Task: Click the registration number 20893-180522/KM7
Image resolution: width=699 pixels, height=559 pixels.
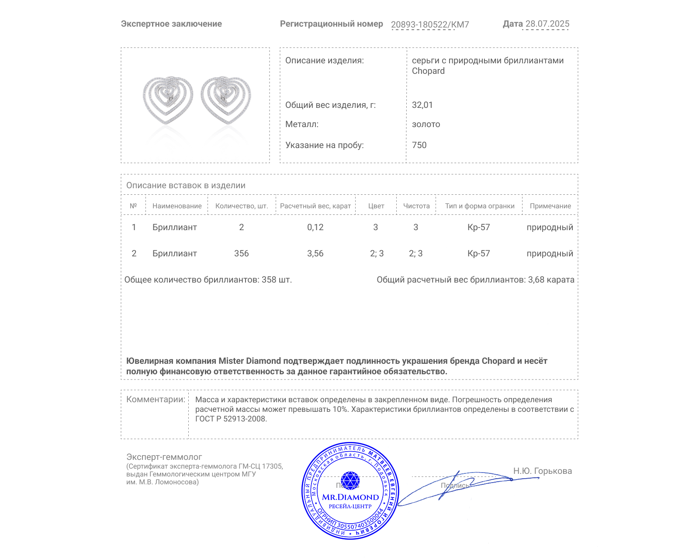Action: point(429,24)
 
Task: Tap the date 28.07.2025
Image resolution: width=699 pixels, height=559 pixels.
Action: point(547,24)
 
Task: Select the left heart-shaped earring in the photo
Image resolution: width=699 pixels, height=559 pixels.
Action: point(168,100)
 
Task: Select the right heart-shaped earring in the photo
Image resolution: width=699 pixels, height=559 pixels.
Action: point(226,100)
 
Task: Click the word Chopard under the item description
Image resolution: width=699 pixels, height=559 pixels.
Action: point(428,71)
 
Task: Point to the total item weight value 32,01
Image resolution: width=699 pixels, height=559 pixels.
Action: point(422,105)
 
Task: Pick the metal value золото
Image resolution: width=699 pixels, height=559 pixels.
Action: point(426,124)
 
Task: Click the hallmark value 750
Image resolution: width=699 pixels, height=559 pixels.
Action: point(419,145)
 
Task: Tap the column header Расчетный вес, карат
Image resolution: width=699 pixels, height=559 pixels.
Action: point(315,206)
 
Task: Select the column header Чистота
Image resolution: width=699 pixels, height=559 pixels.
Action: point(416,206)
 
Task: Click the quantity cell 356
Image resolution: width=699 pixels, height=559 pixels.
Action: point(241,254)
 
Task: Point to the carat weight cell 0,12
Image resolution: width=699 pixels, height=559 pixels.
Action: point(315,228)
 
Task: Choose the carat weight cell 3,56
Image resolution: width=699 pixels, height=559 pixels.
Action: point(315,254)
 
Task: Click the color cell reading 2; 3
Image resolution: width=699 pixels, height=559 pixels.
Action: point(377,254)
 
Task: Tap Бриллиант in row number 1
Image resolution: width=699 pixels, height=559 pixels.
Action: point(174,228)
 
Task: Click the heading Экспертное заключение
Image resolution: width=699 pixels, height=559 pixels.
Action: point(171,24)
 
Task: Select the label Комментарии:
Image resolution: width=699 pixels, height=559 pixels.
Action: point(156,400)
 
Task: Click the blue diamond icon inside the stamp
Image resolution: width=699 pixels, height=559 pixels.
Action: point(350,480)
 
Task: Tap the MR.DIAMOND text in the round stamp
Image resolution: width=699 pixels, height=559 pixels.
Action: point(350,497)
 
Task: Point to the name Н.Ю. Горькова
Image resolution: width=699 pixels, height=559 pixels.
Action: point(542,471)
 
